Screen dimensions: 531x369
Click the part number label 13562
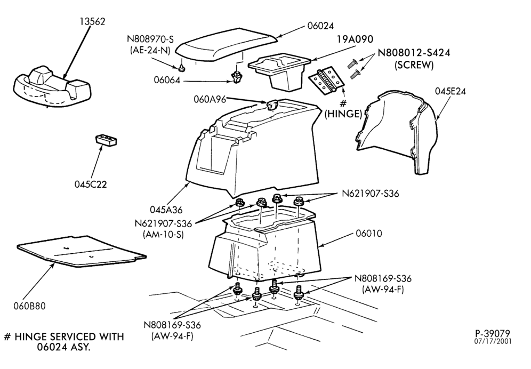pos(92,21)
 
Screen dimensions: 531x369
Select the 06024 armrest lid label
pos(320,26)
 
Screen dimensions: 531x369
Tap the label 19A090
pos(355,39)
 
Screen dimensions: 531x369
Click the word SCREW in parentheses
pos(414,65)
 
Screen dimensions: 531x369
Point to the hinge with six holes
pos(326,81)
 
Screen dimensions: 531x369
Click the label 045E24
pos(450,91)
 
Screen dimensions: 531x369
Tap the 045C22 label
pos(91,184)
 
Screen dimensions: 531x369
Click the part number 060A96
pos(210,99)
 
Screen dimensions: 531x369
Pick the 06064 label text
pos(167,81)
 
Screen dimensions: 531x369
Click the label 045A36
pos(166,210)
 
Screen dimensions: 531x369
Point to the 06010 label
pos(369,234)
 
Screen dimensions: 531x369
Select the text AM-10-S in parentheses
pos(163,235)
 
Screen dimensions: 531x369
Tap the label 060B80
pos(29,306)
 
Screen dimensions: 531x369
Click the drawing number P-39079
pos(492,334)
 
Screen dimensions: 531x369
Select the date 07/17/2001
pos(493,341)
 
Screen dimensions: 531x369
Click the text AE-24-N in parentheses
pos(150,50)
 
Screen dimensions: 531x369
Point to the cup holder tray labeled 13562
pos(52,86)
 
